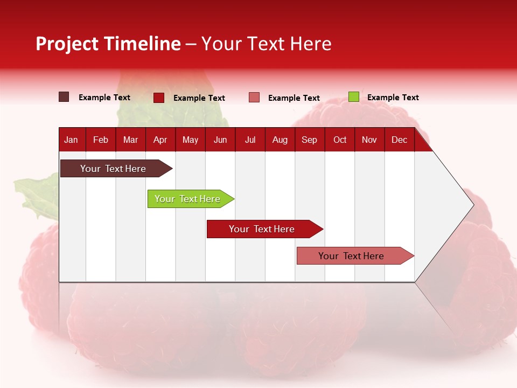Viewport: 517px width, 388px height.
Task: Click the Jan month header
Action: click(71, 140)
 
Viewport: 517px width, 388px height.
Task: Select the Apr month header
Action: click(160, 140)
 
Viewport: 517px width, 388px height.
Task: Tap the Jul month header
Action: click(250, 140)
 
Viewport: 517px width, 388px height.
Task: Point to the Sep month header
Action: click(309, 140)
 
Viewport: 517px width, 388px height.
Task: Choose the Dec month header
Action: click(399, 140)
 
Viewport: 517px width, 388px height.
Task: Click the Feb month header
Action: click(101, 140)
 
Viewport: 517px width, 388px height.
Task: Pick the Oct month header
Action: click(340, 140)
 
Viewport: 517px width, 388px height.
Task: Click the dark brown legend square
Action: click(64, 97)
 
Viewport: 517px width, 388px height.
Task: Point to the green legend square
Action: click(353, 97)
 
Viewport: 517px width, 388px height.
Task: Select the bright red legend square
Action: click(159, 98)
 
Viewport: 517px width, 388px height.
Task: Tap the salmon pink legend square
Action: click(254, 98)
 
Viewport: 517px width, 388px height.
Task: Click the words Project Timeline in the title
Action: click(108, 44)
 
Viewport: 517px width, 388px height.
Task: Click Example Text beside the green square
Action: click(393, 98)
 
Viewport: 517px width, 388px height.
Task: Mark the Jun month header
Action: click(220, 140)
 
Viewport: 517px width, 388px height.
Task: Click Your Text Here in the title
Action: click(267, 44)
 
